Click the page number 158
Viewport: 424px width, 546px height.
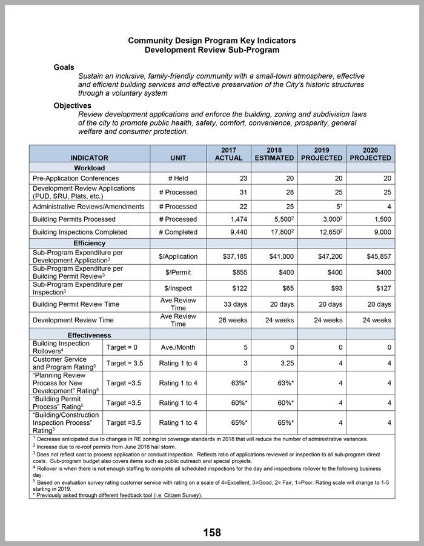pos(212,533)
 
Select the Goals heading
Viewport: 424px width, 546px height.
pos(65,67)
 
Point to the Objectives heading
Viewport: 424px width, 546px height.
pos(72,105)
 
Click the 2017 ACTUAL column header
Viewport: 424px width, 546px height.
pos(228,153)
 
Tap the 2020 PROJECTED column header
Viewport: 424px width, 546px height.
pos(370,153)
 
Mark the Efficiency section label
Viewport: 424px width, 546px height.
pos(89,243)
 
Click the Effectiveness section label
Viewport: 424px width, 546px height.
pos(89,335)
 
